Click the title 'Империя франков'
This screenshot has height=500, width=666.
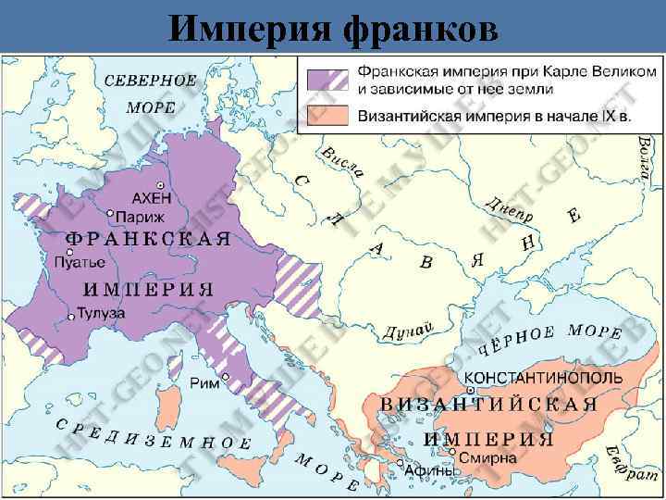click(x=333, y=30)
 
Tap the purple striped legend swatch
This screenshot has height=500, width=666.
click(x=326, y=81)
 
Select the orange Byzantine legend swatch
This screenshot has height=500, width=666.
click(x=326, y=116)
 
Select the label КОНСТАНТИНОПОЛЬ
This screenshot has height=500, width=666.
click(x=531, y=379)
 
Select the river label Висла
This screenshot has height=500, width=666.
click(x=341, y=162)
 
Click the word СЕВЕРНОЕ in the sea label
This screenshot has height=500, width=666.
click(x=150, y=80)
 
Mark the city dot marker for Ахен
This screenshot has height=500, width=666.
click(x=161, y=185)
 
